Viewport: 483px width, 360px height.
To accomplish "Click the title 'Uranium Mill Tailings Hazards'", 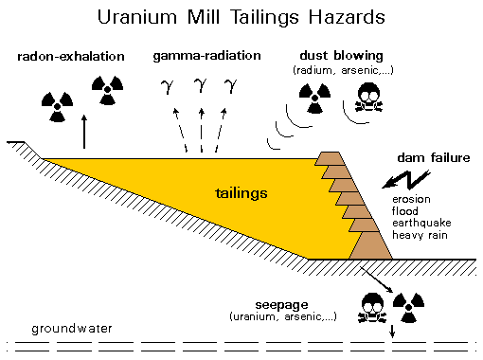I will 241,18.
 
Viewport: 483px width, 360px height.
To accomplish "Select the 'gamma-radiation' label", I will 206,57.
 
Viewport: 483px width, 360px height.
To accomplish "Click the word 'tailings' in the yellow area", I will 240,193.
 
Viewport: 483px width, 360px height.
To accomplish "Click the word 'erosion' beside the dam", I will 411,198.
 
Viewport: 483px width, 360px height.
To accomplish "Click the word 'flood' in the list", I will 405,210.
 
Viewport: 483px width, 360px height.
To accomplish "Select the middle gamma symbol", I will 200,87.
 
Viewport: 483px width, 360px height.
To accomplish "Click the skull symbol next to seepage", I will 372,303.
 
